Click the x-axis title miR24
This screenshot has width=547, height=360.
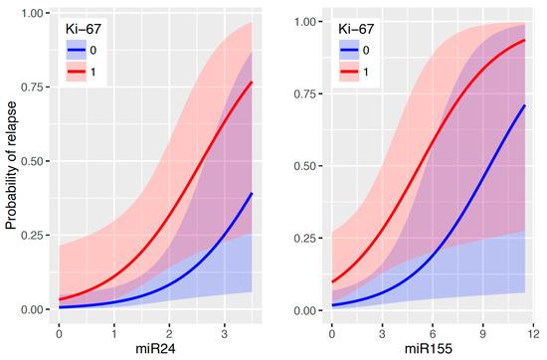click(155, 349)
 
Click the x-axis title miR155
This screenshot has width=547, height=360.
click(429, 349)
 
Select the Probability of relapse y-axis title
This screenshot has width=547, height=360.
click(11, 165)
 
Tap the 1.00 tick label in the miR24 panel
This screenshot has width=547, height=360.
click(33, 13)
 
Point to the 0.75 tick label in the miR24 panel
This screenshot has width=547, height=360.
click(33, 88)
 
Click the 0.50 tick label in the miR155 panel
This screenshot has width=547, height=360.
click(305, 166)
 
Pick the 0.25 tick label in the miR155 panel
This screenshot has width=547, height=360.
click(305, 239)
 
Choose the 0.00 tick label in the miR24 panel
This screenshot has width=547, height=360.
click(33, 309)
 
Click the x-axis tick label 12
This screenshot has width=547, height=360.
click(533, 334)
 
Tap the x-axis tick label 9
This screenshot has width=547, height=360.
click(482, 334)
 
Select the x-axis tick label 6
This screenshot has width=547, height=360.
click(433, 334)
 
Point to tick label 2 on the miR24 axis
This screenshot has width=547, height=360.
click(169, 334)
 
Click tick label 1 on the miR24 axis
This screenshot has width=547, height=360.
click(114, 334)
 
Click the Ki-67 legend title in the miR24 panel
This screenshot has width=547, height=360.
click(83, 29)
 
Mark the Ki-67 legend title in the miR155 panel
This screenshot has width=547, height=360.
click(356, 29)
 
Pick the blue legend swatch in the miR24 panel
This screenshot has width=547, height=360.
click(77, 50)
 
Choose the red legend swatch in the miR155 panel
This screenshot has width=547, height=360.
click(349, 72)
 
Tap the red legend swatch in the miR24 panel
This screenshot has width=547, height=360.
click(77, 72)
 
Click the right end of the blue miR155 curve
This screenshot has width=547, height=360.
click(525, 105)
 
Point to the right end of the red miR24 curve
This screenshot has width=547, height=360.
click(252, 82)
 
